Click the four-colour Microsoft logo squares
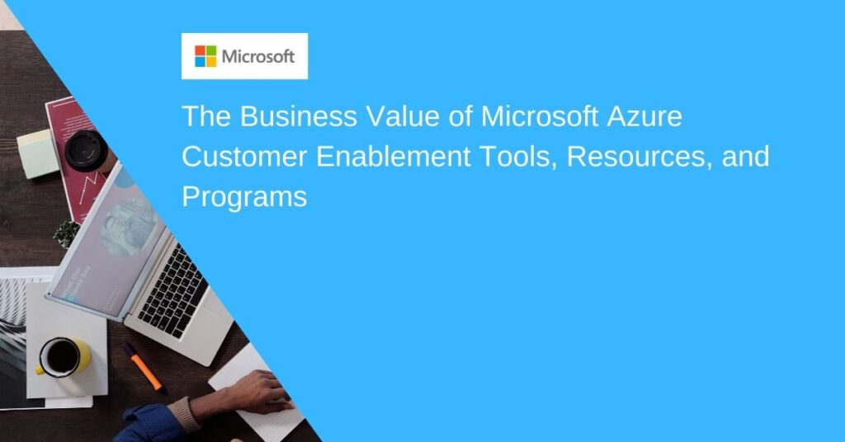[205, 56]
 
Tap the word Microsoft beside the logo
[258, 57]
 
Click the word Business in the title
[298, 116]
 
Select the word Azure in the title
[644, 116]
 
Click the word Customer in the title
[244, 157]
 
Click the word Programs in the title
[244, 198]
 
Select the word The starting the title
[206, 116]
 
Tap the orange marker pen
[143, 367]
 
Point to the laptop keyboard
[172, 291]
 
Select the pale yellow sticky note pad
[38, 153]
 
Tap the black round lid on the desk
[86, 150]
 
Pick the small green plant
[67, 234]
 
